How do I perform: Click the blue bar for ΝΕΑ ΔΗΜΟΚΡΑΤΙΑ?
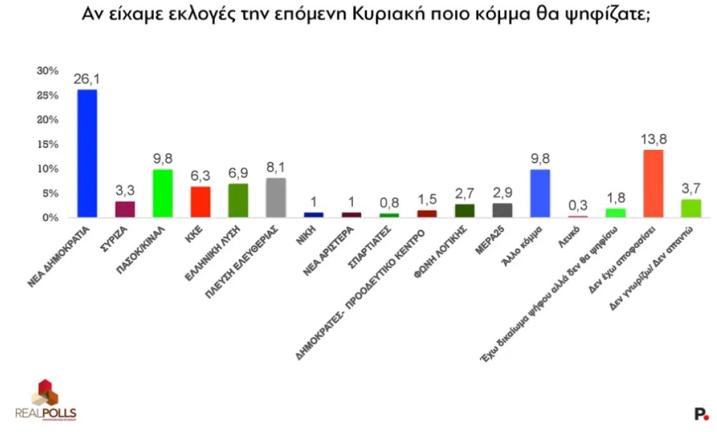(86, 154)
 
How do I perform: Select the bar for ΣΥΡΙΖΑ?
(125, 210)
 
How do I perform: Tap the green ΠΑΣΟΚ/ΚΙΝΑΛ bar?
(162, 194)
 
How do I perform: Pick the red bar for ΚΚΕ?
(200, 202)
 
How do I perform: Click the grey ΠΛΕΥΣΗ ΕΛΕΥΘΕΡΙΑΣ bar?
(275, 198)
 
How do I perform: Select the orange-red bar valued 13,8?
(653, 184)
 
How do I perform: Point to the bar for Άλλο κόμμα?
(540, 194)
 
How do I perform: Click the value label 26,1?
(87, 79)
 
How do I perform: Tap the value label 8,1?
(275, 168)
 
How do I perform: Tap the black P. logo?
(701, 414)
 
